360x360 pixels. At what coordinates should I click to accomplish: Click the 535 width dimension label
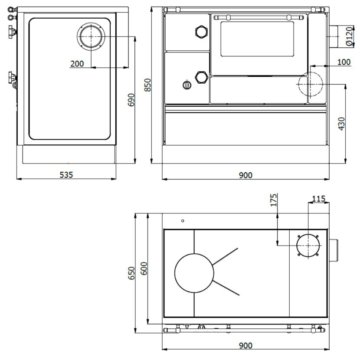pos(66,175)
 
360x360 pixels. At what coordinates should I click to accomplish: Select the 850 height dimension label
pos(147,85)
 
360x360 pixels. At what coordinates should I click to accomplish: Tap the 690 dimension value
pos(131,100)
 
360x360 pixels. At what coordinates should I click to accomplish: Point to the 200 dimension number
pos(77,64)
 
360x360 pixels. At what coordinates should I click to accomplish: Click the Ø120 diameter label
pos(349,36)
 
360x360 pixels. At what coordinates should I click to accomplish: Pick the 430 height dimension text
pos(342,124)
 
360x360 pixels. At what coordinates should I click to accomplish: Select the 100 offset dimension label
pos(344,62)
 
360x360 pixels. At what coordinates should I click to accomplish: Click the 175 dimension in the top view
pos(273,200)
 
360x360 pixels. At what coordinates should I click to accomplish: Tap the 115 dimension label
pos(319,199)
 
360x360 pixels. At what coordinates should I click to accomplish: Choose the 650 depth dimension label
pos(131,273)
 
